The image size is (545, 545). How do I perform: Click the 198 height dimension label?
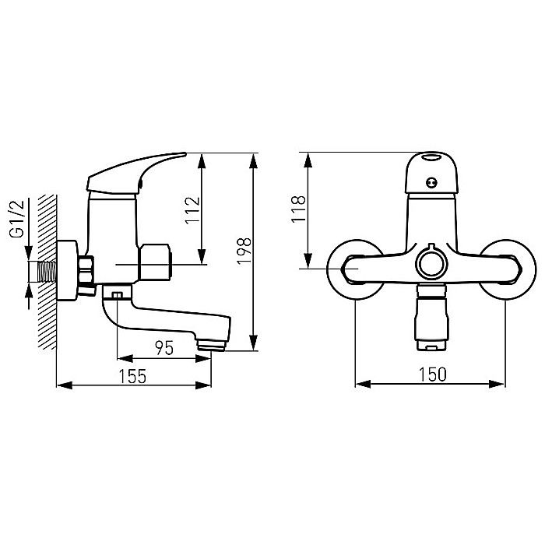244,251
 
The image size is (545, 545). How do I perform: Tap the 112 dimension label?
193,211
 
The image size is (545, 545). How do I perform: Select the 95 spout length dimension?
164,348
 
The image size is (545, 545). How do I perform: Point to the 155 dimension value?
133,376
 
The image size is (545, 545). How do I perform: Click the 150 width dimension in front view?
433,374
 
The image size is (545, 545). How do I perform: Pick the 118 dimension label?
298,209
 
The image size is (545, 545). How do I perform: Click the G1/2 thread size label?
16,219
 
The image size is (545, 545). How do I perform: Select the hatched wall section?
47,272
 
